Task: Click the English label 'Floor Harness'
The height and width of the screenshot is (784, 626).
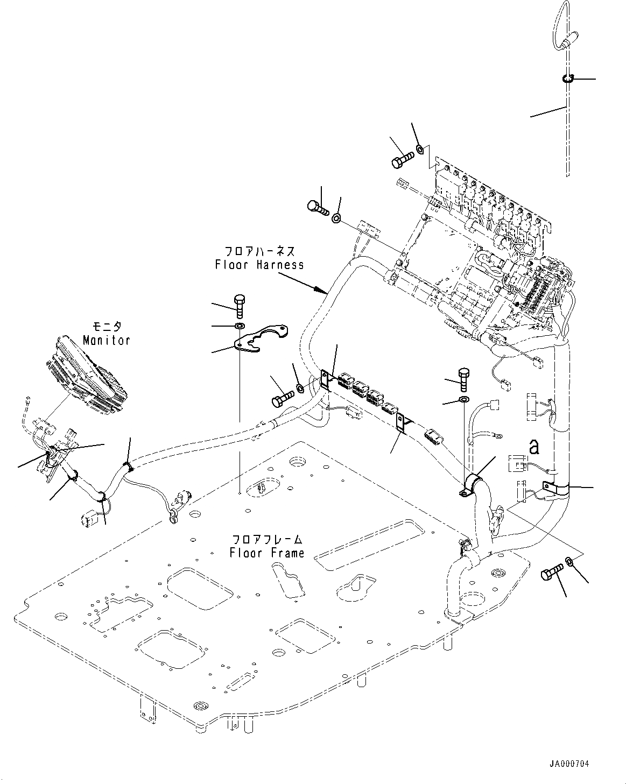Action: click(259, 265)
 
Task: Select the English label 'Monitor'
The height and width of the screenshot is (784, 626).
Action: click(107, 340)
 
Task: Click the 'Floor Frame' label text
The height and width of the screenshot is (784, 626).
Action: click(267, 553)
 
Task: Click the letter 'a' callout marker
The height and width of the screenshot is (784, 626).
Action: click(533, 446)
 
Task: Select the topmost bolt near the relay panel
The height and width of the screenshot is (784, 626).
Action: click(403, 158)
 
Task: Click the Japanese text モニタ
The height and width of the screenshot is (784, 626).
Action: click(107, 327)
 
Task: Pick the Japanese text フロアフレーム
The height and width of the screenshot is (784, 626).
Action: click(267, 539)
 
